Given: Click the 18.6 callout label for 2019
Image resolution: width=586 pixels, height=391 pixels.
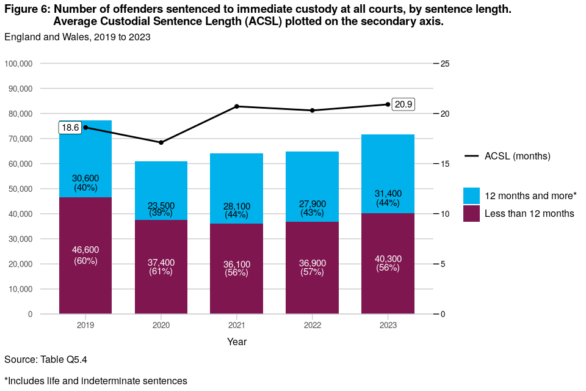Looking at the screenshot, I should [70, 128].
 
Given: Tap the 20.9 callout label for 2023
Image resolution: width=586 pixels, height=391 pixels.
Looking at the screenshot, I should [403, 104].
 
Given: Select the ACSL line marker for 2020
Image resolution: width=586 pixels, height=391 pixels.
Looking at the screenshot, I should [161, 142].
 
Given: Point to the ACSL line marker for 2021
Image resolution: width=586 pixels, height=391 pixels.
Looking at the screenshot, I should [237, 106].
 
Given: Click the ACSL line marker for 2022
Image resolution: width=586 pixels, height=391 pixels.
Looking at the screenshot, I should [313, 111].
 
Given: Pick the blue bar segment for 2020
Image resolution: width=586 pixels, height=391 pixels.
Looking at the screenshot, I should [161, 183].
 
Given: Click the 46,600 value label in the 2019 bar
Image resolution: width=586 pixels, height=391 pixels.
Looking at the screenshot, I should [85, 250].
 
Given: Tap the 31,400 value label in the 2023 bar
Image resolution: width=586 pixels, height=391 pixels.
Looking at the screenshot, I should [388, 194].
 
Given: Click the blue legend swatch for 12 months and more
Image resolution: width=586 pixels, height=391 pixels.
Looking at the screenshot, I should [471, 195].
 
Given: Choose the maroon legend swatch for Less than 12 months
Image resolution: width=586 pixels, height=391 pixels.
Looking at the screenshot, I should [471, 213].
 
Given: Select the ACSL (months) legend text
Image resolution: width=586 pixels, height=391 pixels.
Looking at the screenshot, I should [518, 156].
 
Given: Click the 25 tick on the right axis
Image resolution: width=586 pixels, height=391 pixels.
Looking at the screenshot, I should [444, 64].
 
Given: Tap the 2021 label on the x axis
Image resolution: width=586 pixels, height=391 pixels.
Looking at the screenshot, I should [237, 326].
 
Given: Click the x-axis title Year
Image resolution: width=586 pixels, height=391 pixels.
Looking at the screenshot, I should [237, 342].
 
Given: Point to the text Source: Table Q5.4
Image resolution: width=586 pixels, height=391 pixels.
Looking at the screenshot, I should [50, 359].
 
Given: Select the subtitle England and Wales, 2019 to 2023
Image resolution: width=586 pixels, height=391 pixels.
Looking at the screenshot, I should [78, 37].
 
